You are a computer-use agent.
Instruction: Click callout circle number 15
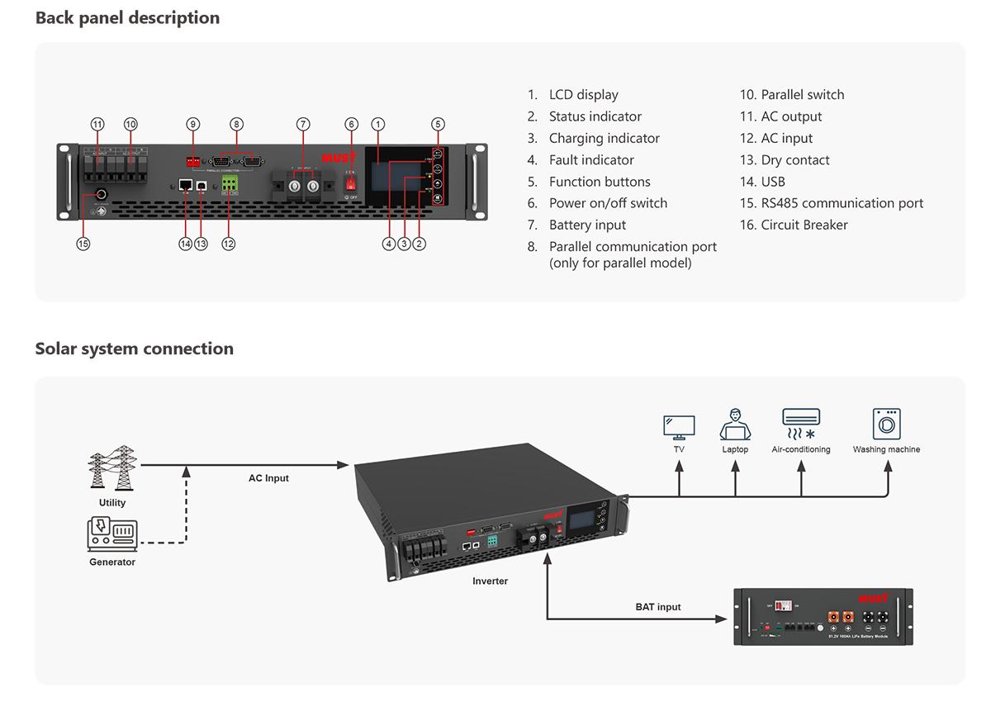pyautogui.click(x=83, y=244)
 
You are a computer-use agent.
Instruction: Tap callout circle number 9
pyautogui.click(x=193, y=124)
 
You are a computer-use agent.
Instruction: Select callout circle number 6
pyautogui.click(x=351, y=124)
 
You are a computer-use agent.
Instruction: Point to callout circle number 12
pyautogui.click(x=229, y=244)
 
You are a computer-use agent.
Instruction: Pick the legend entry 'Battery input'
pyautogui.click(x=587, y=225)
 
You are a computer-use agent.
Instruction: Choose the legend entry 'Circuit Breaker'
pyautogui.click(x=804, y=225)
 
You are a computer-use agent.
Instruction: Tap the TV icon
pyautogui.click(x=679, y=428)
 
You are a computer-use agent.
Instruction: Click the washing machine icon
pyautogui.click(x=886, y=425)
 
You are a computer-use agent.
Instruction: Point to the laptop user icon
pyautogui.click(x=735, y=425)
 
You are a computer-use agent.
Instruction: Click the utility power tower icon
pyautogui.click(x=112, y=469)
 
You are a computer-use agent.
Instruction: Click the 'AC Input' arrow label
pyautogui.click(x=268, y=478)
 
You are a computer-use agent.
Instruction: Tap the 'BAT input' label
pyautogui.click(x=658, y=607)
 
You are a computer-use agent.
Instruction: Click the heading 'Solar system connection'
pyautogui.click(x=134, y=349)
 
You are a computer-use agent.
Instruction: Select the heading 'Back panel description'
pyautogui.click(x=127, y=17)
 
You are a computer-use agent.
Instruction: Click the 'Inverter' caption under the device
pyautogui.click(x=490, y=581)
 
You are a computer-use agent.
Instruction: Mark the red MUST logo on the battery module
pyautogui.click(x=873, y=598)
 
